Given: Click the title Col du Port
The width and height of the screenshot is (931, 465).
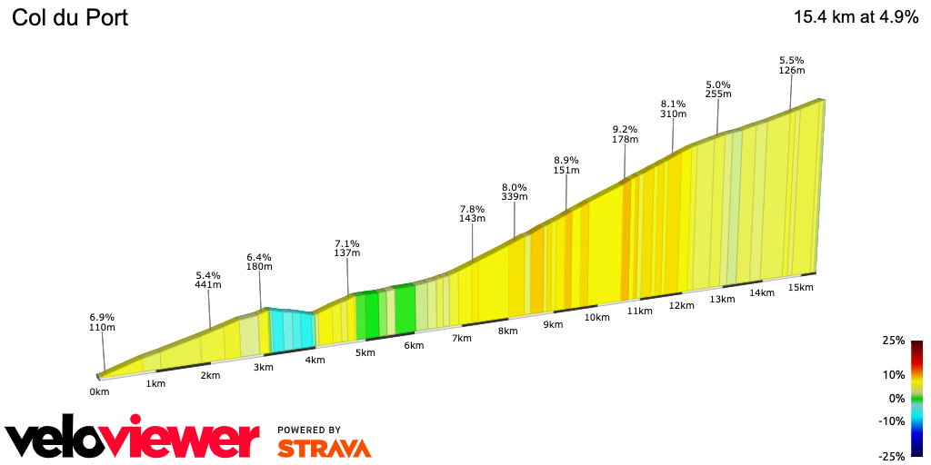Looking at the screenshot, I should (69, 17).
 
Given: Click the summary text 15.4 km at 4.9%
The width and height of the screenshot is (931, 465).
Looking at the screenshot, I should (856, 17).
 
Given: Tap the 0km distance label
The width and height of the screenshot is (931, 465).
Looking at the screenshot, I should (99, 392).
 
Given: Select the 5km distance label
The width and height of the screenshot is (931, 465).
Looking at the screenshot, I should (365, 353).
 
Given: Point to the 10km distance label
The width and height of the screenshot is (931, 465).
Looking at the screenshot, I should (596, 317).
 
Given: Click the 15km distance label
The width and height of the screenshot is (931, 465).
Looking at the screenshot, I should (800, 287).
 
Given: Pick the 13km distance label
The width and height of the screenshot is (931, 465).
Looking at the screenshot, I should (722, 299).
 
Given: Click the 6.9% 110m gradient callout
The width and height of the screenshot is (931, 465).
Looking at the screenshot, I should (102, 322).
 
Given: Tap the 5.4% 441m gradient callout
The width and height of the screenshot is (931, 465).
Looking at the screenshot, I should (208, 280).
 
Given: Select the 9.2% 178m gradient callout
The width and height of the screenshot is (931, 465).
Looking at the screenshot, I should (626, 134).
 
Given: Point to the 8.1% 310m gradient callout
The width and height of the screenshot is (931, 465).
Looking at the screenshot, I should (673, 108).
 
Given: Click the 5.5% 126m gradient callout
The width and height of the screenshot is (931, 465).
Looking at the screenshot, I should (792, 65).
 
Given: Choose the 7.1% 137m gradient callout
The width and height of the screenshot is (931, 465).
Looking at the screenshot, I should (347, 248).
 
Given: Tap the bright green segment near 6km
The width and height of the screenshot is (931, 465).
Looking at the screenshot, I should (405, 309).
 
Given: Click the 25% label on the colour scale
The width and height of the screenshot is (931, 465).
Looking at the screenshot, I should (893, 341).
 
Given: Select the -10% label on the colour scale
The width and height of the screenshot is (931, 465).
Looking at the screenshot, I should (891, 420).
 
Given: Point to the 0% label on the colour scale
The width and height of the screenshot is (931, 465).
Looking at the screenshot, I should (896, 398).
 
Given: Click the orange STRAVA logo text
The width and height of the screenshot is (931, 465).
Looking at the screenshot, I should (324, 448).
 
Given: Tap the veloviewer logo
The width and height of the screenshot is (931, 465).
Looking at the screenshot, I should (133, 440).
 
